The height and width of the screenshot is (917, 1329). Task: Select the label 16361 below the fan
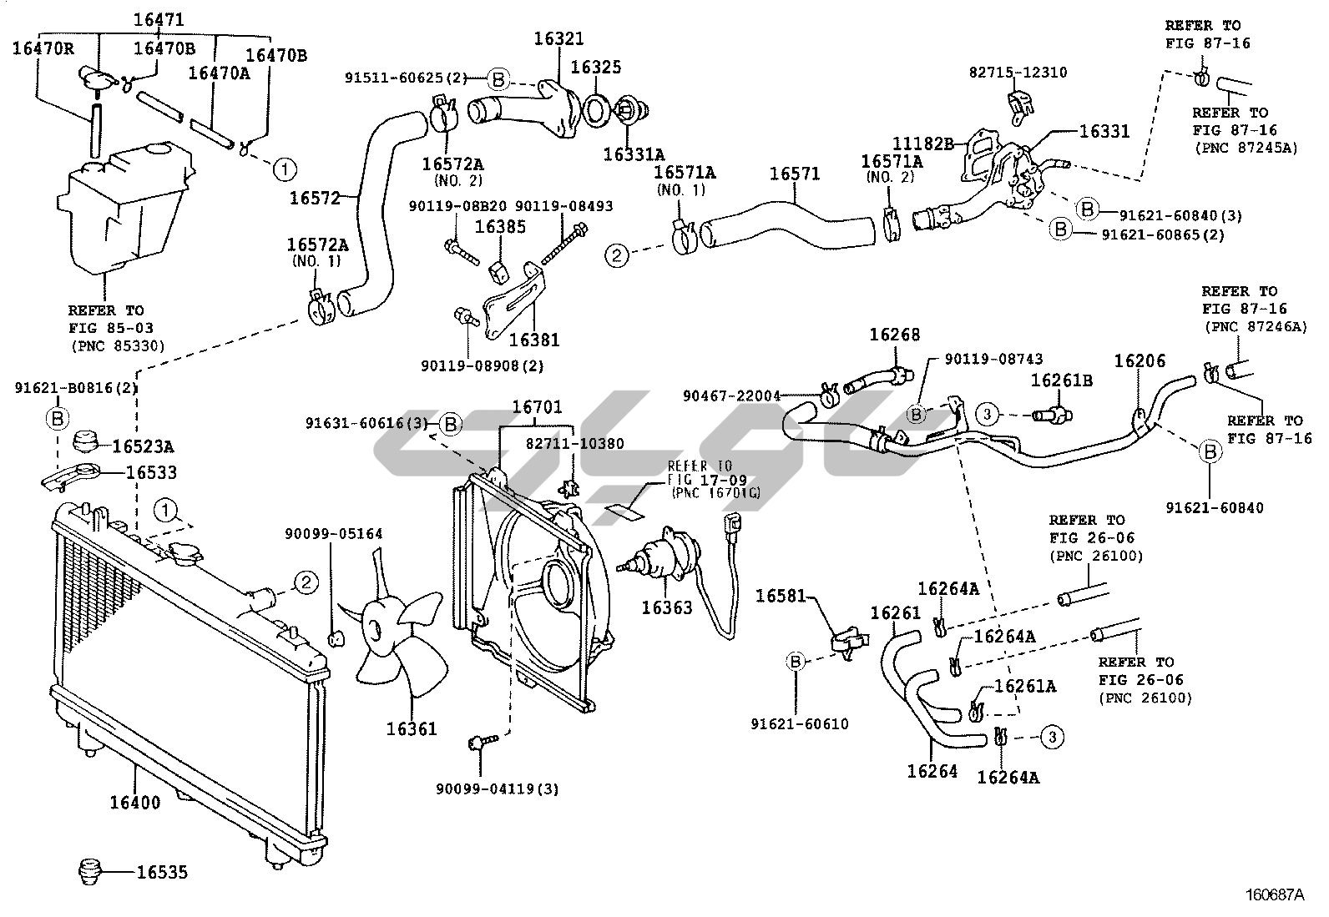click(x=411, y=728)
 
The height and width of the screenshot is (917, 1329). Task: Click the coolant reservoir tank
click(x=124, y=209)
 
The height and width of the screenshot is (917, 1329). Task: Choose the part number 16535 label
click(x=162, y=873)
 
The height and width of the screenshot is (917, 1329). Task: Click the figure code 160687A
click(x=1275, y=896)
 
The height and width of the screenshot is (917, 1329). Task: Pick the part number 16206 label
click(x=1140, y=361)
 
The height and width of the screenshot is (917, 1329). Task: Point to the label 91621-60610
click(x=799, y=723)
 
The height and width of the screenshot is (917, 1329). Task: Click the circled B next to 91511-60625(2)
click(x=497, y=79)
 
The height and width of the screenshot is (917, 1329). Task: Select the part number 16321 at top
click(x=558, y=39)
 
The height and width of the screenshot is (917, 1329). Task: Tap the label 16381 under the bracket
click(x=534, y=340)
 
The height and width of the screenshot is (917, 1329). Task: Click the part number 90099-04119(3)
click(x=498, y=789)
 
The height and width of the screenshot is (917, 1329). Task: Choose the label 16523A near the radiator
click(x=144, y=446)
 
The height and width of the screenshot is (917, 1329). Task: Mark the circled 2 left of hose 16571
click(x=616, y=255)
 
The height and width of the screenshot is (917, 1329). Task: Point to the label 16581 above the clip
click(x=781, y=596)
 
